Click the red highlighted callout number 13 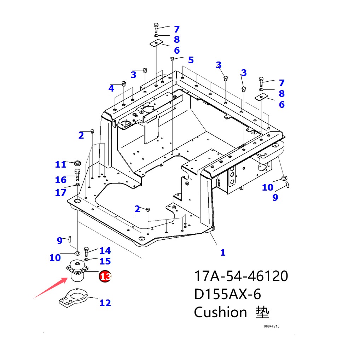[105, 276]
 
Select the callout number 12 [105, 303]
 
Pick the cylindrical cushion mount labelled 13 [77, 271]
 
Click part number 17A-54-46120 [241, 276]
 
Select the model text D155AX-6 [227, 294]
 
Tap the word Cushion [220, 312]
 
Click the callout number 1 [222, 252]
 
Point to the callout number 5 [191, 60]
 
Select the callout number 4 [111, 88]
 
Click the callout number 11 [60, 164]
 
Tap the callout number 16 [60, 180]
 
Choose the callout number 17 [60, 192]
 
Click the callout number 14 [105, 251]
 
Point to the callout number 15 [105, 261]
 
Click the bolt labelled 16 [77, 175]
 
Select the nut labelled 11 [78, 163]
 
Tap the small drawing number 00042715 [271, 326]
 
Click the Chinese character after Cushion [262, 312]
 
